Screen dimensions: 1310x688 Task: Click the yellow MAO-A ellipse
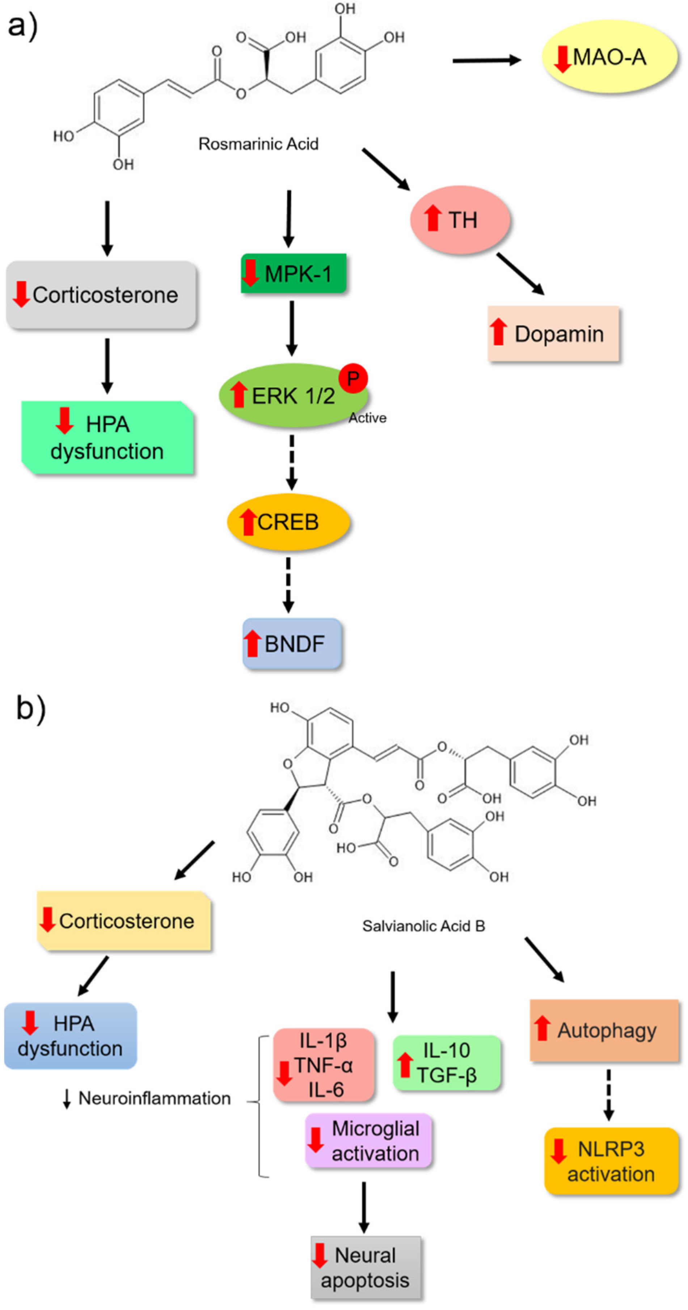pos(609,57)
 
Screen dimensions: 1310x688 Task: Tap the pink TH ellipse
pos(460,220)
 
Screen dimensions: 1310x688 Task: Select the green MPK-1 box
pos(294,273)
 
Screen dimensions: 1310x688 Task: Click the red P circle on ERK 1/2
pos(353,378)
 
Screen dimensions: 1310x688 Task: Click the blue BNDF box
pos(292,643)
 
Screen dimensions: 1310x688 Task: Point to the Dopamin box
pos(553,333)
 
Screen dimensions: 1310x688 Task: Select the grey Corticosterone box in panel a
pos(101,295)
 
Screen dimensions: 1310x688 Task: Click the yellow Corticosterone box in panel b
pos(124,921)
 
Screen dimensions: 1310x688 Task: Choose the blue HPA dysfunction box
pos(70,1035)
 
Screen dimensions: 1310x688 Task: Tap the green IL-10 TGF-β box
pos(447,1063)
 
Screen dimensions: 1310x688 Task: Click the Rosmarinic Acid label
pos(258,144)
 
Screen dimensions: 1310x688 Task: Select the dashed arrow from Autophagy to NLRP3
pos(608,1093)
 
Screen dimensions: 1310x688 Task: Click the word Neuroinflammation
pos(154,1098)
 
